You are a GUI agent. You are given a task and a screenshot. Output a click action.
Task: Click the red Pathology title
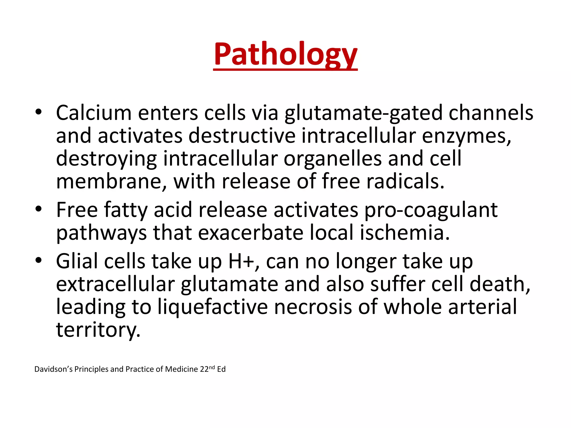click(285, 54)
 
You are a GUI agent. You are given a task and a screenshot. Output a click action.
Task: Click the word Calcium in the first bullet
click(94, 113)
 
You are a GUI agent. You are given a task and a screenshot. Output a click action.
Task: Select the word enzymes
click(466, 136)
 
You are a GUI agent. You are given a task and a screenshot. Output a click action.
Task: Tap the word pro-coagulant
click(431, 210)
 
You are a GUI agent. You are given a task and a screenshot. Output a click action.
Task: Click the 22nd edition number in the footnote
click(207, 369)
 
